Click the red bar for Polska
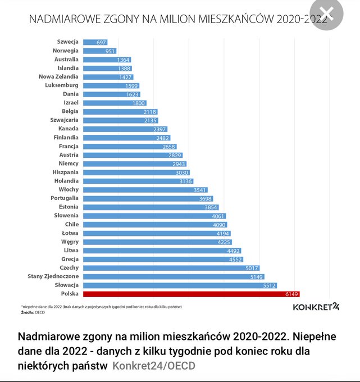click(191, 294)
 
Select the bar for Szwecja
click(95, 42)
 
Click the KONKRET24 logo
click(316, 307)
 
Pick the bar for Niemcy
click(134, 163)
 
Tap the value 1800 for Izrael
click(138, 103)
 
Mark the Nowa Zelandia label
click(58, 76)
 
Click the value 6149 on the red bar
click(291, 294)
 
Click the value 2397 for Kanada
click(159, 129)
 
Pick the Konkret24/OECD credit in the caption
click(154, 366)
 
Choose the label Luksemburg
click(62, 85)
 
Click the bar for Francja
click(129, 146)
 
